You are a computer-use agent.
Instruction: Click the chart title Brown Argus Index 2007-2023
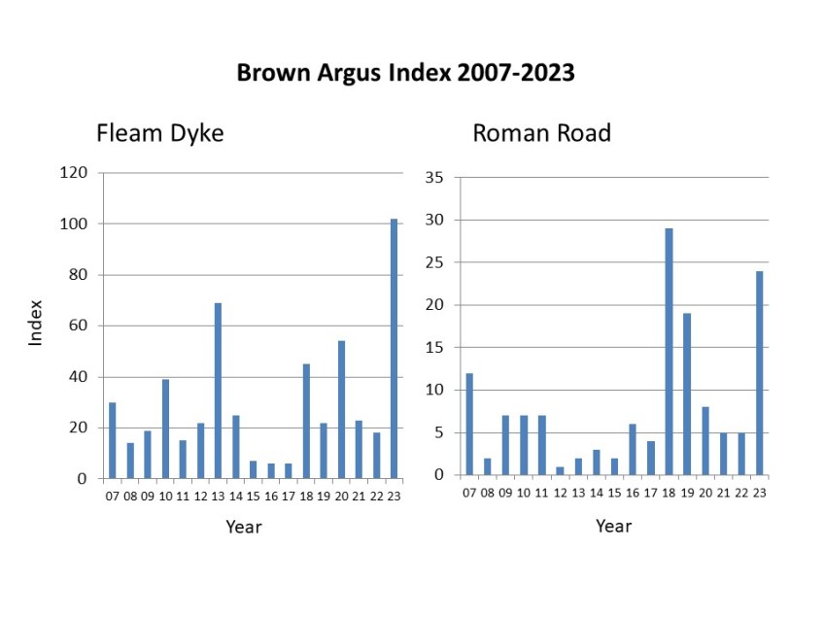pyautogui.click(x=406, y=74)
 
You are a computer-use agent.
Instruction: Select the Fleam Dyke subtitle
pyautogui.click(x=159, y=133)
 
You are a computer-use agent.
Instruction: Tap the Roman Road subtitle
pyautogui.click(x=541, y=133)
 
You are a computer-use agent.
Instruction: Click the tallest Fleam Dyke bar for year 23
pyautogui.click(x=395, y=349)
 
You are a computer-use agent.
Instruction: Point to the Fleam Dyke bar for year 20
pyautogui.click(x=341, y=410)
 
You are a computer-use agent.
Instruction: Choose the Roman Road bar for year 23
pyautogui.click(x=759, y=373)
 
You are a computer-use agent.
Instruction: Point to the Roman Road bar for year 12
pyautogui.click(x=560, y=471)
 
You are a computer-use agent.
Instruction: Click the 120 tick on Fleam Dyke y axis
pyautogui.click(x=74, y=173)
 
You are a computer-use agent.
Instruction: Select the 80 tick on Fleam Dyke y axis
pyautogui.click(x=78, y=275)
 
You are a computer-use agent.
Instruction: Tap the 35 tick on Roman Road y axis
pyautogui.click(x=433, y=178)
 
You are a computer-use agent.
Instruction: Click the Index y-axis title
pyautogui.click(x=36, y=323)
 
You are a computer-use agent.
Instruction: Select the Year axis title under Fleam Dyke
pyautogui.click(x=244, y=527)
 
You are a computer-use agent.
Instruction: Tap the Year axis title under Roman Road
pyautogui.click(x=613, y=526)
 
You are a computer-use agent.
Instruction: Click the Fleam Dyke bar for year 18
pyautogui.click(x=306, y=422)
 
